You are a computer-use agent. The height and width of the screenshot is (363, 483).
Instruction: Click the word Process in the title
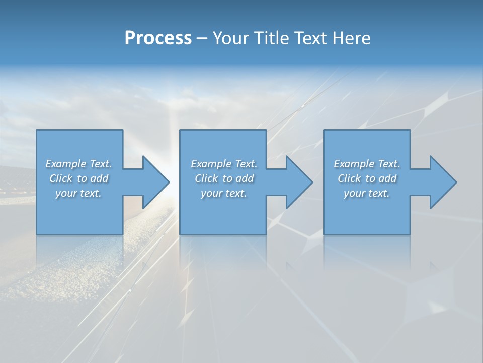point(158,38)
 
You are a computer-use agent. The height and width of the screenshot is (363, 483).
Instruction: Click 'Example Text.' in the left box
point(78,164)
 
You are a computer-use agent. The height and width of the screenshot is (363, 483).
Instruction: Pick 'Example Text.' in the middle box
point(224,164)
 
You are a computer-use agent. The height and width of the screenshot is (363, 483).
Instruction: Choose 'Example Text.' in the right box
point(367,164)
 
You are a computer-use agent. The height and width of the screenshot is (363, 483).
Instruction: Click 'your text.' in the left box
point(78,193)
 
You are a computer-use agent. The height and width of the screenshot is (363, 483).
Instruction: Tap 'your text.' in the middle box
point(224,193)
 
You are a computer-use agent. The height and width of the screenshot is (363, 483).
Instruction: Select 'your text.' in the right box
point(367,193)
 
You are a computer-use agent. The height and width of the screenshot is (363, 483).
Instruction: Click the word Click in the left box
point(61,178)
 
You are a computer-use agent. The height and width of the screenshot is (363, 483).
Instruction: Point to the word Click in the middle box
point(206,178)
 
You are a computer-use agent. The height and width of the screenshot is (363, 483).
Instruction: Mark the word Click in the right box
point(349,178)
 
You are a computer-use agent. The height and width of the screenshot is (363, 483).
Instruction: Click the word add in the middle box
point(245,178)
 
